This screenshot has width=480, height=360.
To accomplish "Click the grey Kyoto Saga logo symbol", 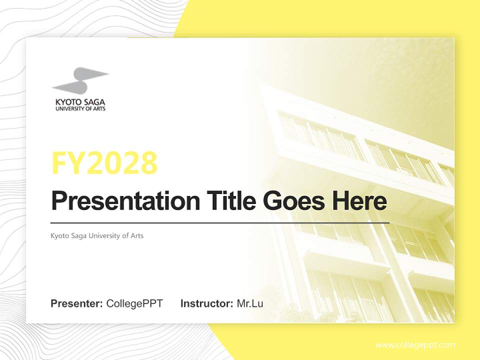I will click(80, 80).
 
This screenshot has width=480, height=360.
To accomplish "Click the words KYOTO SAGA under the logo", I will click(80, 102).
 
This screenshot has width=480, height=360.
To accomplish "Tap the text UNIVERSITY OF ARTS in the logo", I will click(80, 108).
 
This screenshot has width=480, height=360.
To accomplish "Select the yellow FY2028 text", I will click(104, 163).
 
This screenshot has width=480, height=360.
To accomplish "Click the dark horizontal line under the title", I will click(220, 222).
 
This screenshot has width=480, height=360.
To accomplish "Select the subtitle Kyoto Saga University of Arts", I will click(97, 235).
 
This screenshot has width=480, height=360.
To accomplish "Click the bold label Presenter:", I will click(77, 303).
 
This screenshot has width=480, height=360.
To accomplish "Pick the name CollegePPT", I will click(134, 303).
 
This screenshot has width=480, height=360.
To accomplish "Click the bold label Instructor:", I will click(206, 303).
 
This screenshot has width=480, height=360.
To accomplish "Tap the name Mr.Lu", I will click(250, 303).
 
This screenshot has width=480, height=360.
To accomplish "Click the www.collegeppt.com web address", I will click(415, 345).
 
